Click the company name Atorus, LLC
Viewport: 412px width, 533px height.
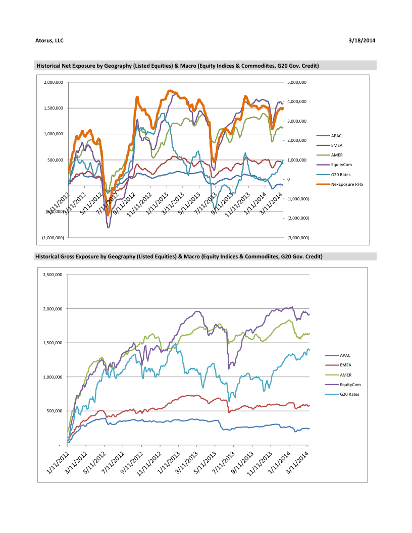[x=49, y=40]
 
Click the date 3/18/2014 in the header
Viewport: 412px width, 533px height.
[x=362, y=40]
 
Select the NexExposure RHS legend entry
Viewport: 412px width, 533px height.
[x=347, y=184]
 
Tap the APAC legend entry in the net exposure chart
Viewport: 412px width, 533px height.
[x=336, y=136]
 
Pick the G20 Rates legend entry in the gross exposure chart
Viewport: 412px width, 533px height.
[x=350, y=394]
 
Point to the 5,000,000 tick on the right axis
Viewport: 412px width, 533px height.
[x=296, y=82]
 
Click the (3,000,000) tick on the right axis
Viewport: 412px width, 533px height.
[x=298, y=237]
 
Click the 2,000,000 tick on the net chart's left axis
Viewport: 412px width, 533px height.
[x=54, y=82]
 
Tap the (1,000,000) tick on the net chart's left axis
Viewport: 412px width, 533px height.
[x=53, y=237]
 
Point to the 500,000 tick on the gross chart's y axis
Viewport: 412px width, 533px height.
[x=54, y=411]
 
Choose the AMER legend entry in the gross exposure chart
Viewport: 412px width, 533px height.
[x=346, y=375]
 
